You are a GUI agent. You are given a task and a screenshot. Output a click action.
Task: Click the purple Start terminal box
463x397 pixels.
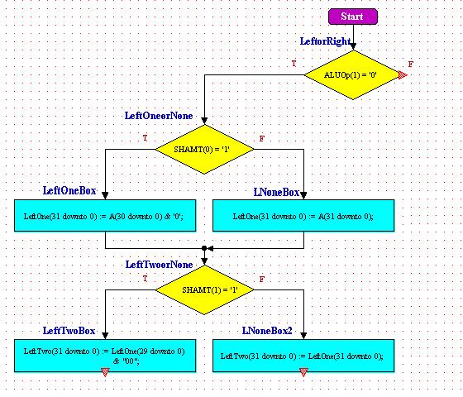pos(353,17)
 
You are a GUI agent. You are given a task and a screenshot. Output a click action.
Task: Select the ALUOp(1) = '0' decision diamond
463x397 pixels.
pos(353,74)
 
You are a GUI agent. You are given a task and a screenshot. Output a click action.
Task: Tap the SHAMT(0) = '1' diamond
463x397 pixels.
pos(204,149)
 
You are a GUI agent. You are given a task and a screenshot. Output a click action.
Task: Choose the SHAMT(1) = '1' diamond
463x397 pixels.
pos(204,289)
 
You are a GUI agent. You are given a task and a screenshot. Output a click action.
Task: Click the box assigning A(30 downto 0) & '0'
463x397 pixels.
pos(105,215)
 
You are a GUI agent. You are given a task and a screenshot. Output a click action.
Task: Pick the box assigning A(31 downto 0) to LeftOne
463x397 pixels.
pos(303,215)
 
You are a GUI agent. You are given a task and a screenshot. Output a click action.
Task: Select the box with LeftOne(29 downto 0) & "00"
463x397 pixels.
pos(105,356)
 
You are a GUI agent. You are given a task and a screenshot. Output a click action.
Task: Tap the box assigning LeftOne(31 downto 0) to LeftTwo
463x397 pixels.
pos(303,356)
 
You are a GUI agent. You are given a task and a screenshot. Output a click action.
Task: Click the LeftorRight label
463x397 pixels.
pos(326,41)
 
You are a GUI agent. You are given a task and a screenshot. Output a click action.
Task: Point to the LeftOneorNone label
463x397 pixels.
pos(159,116)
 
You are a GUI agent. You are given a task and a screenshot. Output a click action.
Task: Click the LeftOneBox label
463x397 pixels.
pos(69,190)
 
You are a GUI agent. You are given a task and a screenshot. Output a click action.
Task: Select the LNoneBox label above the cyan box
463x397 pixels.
pos(276,192)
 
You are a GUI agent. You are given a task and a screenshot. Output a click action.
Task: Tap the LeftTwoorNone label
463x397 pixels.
pos(159,265)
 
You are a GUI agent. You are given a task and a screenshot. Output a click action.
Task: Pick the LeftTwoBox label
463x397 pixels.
pos(69,331)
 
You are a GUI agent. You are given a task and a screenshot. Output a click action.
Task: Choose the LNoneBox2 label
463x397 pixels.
pos(267,331)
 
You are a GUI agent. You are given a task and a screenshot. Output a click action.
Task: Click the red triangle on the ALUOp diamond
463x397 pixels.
pos(402,75)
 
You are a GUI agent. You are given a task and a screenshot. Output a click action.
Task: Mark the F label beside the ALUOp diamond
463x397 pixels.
pos(410,65)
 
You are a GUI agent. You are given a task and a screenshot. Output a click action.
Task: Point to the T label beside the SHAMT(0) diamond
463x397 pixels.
pos(145,138)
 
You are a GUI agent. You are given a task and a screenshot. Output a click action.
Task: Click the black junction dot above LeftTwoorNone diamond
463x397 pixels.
pos(204,248)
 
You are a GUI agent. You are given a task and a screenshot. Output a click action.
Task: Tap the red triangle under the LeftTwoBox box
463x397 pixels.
pos(105,372)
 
